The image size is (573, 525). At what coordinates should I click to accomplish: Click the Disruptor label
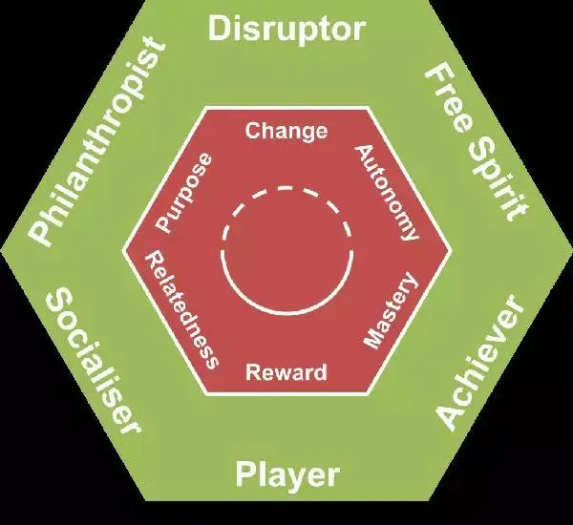286,30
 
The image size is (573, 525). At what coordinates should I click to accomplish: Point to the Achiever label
481,363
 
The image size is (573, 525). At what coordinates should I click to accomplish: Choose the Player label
286,473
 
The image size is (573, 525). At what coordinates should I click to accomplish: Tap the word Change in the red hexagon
286,131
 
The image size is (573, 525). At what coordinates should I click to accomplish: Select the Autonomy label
387,192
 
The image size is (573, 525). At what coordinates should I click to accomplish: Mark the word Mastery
391,310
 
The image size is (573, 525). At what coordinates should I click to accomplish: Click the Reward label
286,371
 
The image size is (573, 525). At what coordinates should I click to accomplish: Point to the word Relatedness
181,310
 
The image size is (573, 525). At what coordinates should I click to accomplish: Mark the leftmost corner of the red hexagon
124,252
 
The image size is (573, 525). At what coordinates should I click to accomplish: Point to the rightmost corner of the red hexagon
449,252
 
